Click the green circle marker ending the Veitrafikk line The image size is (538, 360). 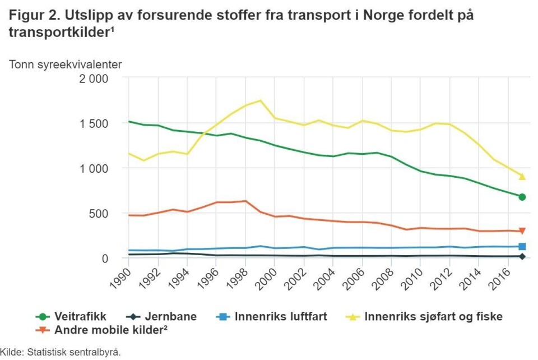522,197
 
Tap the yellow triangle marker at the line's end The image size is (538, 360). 522,177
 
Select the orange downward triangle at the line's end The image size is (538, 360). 522,231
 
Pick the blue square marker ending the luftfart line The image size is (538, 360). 522,246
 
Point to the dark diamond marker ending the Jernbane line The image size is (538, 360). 522,256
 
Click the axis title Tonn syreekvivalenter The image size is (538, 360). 65,64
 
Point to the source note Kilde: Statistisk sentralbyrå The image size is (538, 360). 61,353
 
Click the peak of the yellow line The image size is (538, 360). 260,100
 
